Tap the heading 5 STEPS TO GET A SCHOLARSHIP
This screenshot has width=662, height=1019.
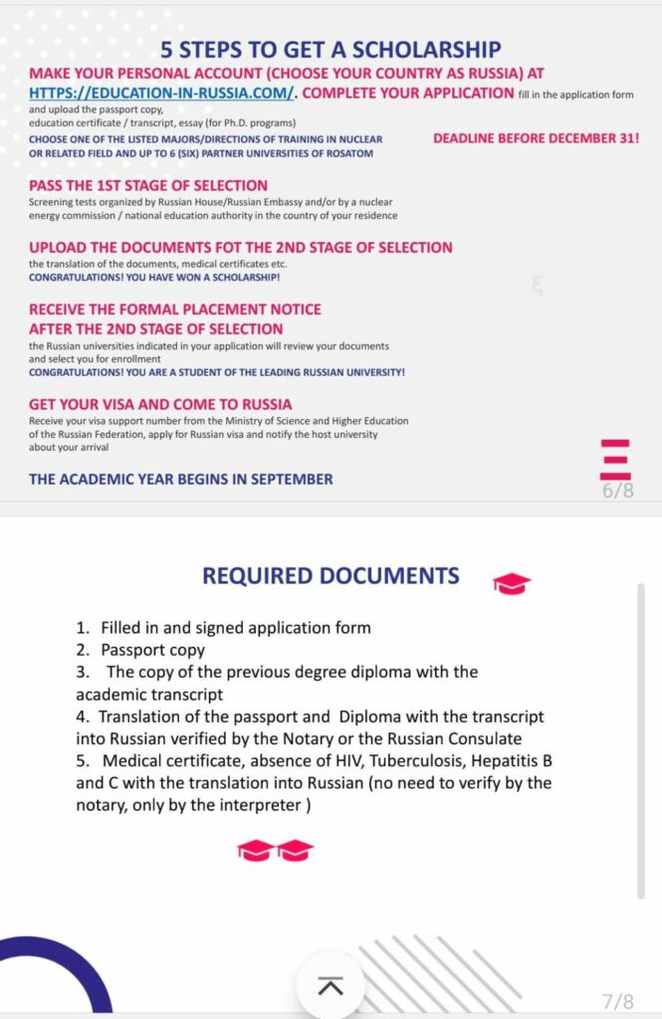point(331,49)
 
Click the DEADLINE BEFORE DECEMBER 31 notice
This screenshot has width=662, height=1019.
point(536,139)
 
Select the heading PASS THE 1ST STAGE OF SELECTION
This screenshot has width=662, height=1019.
point(148,185)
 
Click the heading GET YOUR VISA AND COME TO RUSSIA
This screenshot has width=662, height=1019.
point(160,404)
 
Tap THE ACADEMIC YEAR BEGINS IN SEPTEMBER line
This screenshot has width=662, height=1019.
point(181,479)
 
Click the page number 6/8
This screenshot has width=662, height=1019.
point(617,490)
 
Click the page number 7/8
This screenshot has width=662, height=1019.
point(617,1000)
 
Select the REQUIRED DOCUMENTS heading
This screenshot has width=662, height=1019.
point(331,575)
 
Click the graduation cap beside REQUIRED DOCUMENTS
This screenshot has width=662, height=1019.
point(512,583)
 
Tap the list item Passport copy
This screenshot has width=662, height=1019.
point(152,650)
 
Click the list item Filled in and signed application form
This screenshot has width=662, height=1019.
point(235,628)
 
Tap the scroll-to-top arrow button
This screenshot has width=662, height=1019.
point(330,985)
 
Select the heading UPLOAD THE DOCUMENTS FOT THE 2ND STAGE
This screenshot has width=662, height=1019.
point(240,247)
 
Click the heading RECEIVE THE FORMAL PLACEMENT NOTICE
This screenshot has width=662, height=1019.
point(175,308)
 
